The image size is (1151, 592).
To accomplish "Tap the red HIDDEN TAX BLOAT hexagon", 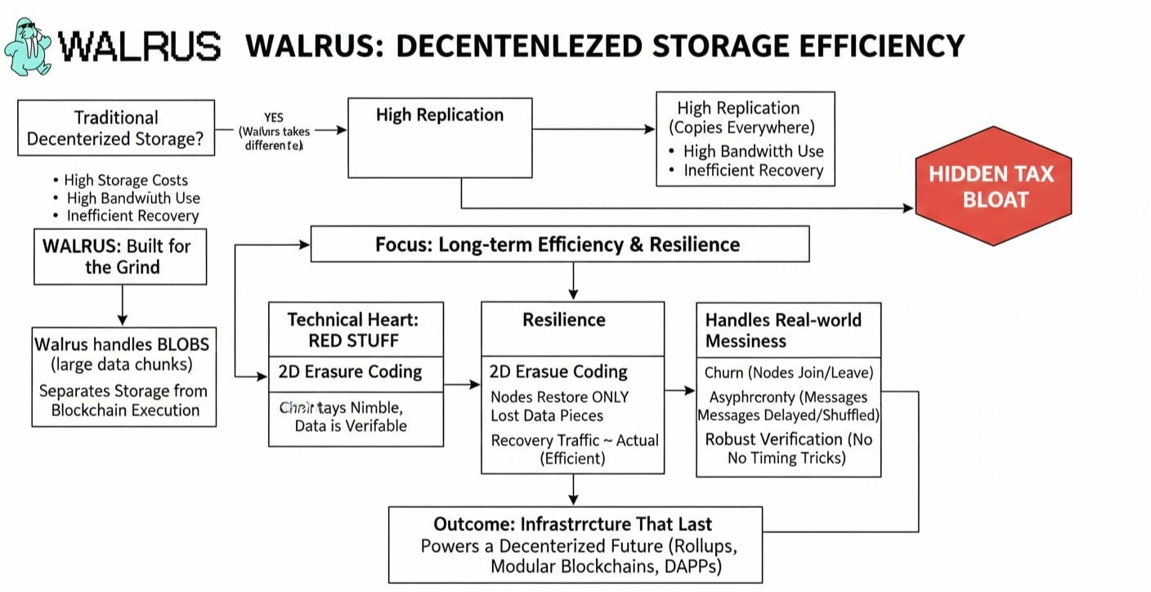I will click(x=993, y=186).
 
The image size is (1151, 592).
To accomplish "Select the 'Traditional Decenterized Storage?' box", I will click(x=116, y=128).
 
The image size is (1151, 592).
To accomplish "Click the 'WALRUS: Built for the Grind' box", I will click(x=120, y=257).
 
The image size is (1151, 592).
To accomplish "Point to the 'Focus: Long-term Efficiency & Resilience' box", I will click(x=559, y=244).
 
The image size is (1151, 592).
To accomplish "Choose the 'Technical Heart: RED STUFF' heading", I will click(x=356, y=330).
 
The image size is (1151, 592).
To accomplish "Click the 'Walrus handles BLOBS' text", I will click(x=122, y=343).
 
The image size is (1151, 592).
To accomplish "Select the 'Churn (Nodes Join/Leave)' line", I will click(x=789, y=373).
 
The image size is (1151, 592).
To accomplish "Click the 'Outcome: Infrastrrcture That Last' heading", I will click(x=572, y=524).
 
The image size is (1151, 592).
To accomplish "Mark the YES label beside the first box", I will click(x=273, y=118).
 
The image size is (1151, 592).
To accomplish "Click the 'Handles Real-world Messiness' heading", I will click(x=783, y=330).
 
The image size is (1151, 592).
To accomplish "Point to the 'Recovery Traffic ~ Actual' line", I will click(x=575, y=441).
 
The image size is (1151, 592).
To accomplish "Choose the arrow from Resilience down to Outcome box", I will click(x=573, y=489).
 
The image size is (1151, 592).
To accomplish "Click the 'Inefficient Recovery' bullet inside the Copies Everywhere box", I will click(x=753, y=171).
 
